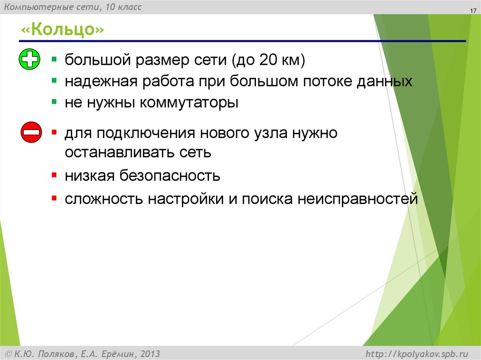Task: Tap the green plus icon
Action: (30, 60)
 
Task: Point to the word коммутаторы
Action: (189, 103)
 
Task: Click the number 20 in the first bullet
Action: (263, 60)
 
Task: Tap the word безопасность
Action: (170, 176)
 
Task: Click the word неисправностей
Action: (357, 199)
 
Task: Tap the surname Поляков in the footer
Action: (56, 353)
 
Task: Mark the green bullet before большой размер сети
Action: (55, 60)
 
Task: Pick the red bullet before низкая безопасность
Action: (55, 175)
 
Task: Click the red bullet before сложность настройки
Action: (55, 198)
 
